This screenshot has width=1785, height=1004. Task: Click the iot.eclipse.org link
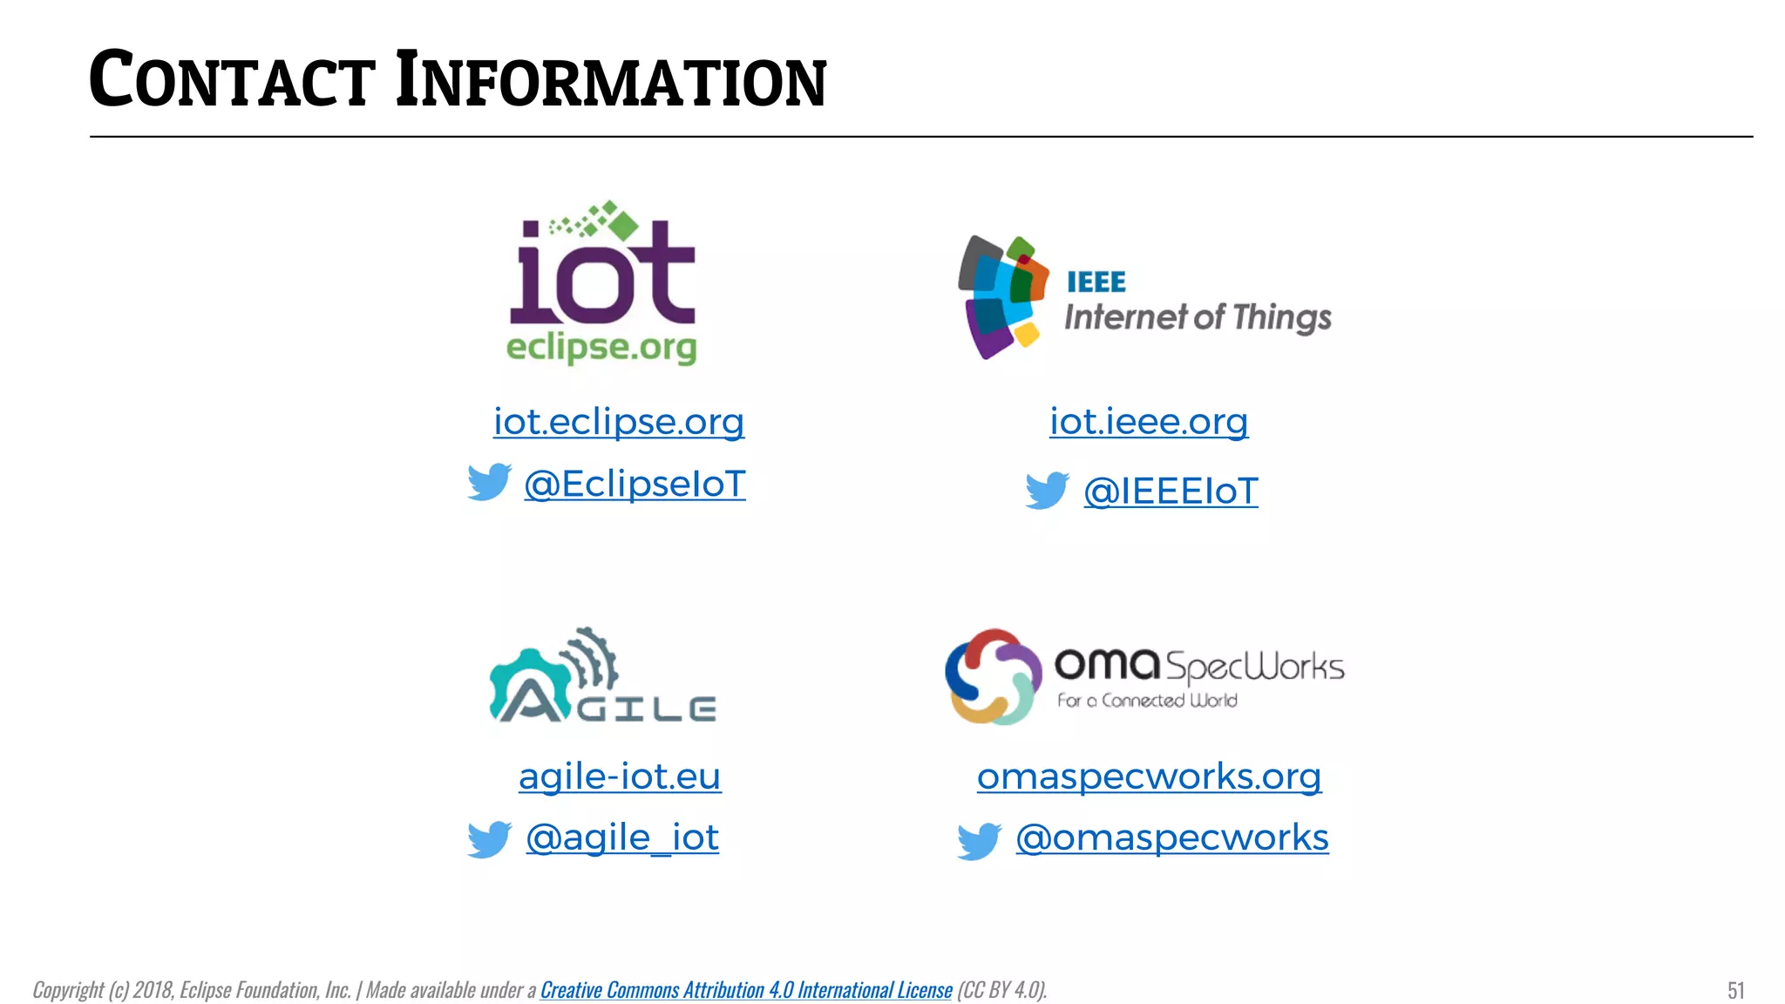pyautogui.click(x=619, y=422)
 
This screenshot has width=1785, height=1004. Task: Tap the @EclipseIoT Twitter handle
pyautogui.click(x=635, y=485)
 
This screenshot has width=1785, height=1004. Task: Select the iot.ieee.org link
pyautogui.click(x=1149, y=422)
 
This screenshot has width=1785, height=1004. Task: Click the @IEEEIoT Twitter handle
pyautogui.click(x=1171, y=492)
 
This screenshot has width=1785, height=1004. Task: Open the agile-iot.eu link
pyautogui.click(x=620, y=777)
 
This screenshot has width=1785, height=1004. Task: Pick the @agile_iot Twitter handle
pyautogui.click(x=622, y=838)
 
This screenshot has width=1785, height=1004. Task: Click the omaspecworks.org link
pyautogui.click(x=1149, y=777)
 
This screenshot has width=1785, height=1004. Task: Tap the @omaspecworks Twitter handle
pyautogui.click(x=1172, y=838)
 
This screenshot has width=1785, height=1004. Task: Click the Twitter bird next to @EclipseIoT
pyautogui.click(x=489, y=482)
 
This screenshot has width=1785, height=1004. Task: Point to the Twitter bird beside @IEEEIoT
pyautogui.click(x=1047, y=490)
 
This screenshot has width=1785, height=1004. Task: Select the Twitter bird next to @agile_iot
pyautogui.click(x=489, y=838)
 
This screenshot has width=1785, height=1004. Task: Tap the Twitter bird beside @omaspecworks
pyautogui.click(x=979, y=840)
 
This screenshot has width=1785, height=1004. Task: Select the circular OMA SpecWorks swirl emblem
pyautogui.click(x=993, y=676)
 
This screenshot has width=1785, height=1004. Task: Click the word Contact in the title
pyautogui.click(x=233, y=81)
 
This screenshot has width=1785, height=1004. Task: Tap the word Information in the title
pyautogui.click(x=610, y=81)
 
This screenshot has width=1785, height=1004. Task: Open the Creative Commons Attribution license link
pyautogui.click(x=746, y=990)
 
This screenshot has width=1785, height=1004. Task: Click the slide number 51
pyautogui.click(x=1735, y=990)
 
